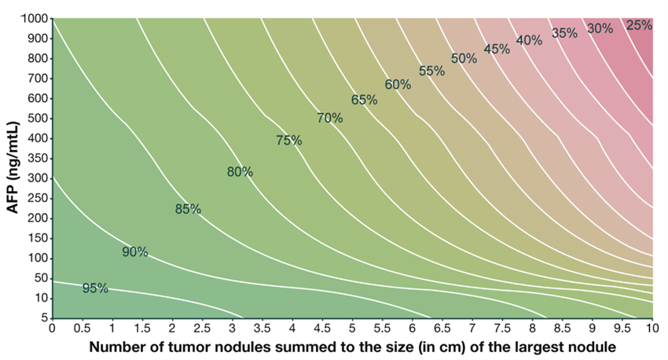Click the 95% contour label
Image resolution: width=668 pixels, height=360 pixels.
click(95, 288)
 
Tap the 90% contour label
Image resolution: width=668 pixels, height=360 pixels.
click(135, 252)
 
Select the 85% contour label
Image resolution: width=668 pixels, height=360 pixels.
click(188, 209)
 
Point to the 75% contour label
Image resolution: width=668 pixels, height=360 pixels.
click(289, 141)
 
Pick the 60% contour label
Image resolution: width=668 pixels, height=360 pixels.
click(398, 84)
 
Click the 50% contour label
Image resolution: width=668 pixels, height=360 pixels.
click(464, 58)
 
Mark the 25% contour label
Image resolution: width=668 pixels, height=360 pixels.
click(639, 25)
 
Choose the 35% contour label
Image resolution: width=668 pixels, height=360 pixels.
click(564, 34)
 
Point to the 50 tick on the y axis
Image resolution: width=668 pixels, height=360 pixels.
click(39, 278)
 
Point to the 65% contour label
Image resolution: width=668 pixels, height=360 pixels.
click(364, 101)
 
